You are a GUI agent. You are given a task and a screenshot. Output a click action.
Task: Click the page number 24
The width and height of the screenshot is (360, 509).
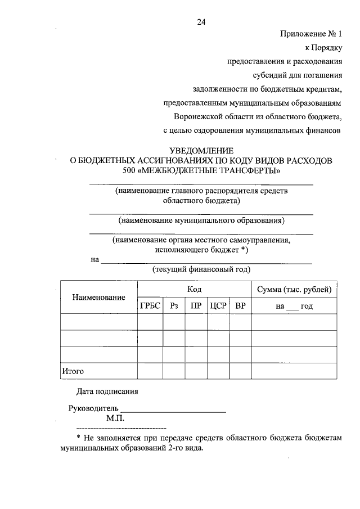(201, 22)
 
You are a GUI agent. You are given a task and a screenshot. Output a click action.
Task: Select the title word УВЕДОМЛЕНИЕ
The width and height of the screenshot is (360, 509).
(201, 151)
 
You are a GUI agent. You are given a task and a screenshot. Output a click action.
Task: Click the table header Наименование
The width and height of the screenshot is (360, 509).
(98, 297)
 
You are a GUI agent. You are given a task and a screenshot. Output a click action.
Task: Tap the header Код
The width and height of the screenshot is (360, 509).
(195, 290)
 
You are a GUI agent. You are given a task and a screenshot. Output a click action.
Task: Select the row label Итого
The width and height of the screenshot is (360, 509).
(73, 371)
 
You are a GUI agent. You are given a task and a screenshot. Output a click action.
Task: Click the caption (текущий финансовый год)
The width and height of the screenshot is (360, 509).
(201, 269)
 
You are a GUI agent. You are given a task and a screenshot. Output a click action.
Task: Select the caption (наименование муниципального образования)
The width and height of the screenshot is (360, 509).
(201, 220)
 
